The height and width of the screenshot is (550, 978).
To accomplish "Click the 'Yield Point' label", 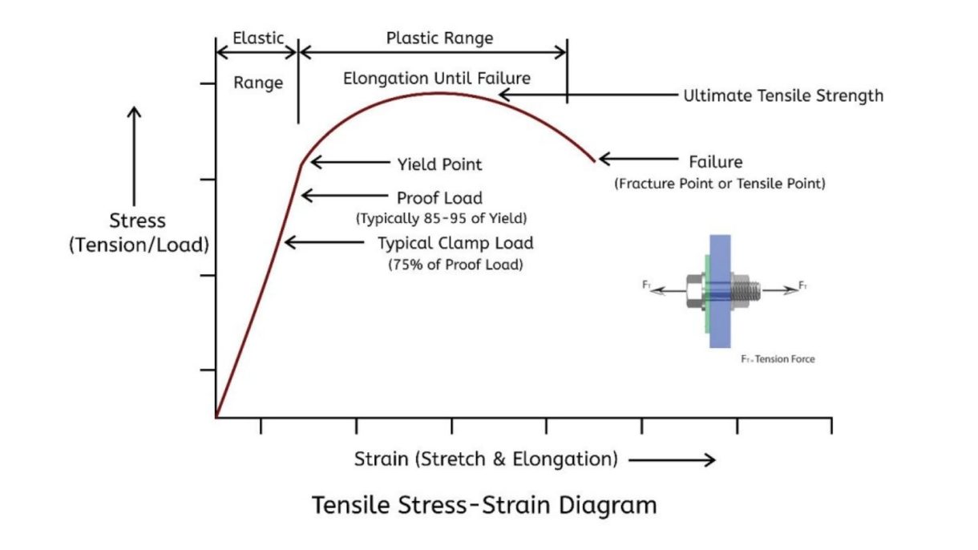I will coord(440,164).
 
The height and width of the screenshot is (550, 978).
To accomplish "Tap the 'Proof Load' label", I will coord(440,197).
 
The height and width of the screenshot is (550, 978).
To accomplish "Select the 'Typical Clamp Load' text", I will coord(455,243).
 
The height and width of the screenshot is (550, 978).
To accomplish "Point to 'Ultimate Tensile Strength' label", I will coord(783,96).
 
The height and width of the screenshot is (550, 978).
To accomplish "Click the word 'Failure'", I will coord(716,162).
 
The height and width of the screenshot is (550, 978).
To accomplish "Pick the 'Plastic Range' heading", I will coord(439,38).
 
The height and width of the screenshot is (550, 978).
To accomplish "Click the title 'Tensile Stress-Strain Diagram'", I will coord(484,506).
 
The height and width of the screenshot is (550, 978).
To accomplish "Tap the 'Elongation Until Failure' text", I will coord(437,79).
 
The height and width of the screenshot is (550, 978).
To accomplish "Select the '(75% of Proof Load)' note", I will coord(455,264).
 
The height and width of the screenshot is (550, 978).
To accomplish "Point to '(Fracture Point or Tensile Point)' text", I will coord(720,184).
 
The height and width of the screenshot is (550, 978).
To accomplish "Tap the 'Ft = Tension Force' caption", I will coord(777,359).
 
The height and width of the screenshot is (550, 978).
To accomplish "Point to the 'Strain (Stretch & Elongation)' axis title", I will coord(485,459).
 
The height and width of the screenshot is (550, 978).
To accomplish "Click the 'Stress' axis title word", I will coord(139,220).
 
